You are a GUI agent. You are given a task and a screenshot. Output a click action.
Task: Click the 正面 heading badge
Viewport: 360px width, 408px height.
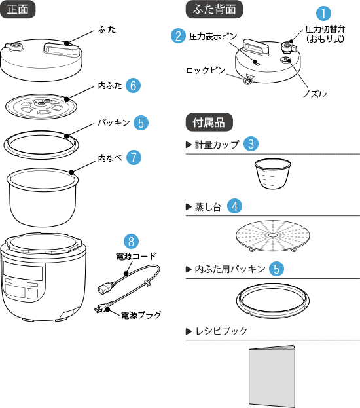(18, 9)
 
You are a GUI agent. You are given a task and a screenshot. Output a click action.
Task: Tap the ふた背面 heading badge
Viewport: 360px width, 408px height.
(214, 9)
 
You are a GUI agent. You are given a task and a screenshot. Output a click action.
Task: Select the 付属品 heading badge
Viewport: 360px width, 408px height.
(209, 122)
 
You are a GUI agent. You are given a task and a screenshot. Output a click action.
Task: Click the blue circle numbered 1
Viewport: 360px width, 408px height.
(323, 13)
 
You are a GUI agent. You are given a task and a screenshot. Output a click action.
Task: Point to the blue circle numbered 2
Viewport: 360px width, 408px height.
(179, 35)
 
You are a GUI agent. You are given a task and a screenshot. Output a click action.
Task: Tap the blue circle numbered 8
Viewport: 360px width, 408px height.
(131, 241)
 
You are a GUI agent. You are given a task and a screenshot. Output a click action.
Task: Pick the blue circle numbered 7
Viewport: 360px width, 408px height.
(134, 157)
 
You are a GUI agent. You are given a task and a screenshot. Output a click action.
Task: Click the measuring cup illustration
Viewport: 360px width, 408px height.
(272, 174)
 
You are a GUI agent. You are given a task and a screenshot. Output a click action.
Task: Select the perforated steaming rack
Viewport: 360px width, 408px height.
(273, 236)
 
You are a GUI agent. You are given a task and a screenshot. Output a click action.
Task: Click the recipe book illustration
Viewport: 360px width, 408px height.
(272, 377)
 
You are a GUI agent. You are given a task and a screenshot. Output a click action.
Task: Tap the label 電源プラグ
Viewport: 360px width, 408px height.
(141, 315)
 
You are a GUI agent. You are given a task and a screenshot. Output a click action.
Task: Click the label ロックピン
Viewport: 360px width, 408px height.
(206, 70)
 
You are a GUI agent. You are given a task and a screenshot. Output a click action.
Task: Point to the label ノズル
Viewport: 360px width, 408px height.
(315, 94)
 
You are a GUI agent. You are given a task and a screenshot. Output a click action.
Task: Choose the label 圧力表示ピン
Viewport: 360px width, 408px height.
(213, 36)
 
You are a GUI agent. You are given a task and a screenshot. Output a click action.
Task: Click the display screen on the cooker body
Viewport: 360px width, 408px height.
(23, 270)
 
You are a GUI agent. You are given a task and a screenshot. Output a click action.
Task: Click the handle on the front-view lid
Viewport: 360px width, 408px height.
(61, 49)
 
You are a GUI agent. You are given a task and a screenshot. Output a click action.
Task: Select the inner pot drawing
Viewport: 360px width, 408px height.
(43, 197)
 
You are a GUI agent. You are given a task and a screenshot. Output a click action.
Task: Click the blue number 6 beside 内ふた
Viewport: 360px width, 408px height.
(133, 85)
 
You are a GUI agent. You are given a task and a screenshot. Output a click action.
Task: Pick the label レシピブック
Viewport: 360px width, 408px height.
(221, 331)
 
